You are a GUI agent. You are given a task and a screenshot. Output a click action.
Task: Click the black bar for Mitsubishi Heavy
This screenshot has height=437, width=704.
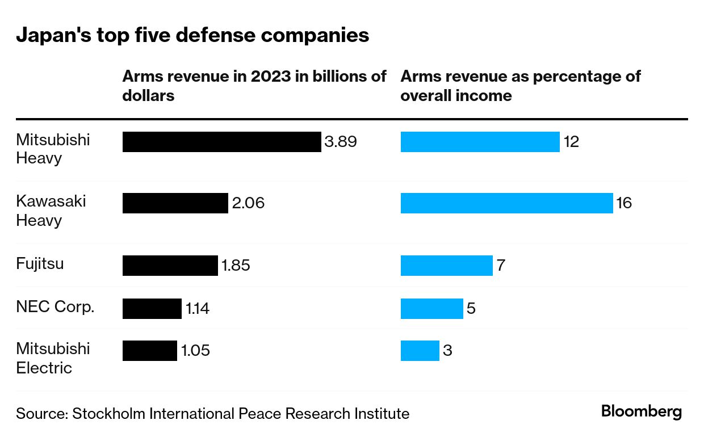(221, 142)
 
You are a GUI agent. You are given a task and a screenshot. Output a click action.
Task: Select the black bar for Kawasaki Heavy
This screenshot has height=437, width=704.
(175, 203)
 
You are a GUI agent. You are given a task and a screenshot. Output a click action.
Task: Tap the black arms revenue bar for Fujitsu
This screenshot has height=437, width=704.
(170, 266)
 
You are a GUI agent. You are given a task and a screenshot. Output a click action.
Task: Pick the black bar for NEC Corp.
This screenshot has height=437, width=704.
(152, 309)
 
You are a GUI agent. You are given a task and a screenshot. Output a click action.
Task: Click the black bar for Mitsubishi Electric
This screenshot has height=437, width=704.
(149, 351)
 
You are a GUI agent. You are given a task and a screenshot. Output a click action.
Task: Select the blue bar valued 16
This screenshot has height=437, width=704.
(506, 203)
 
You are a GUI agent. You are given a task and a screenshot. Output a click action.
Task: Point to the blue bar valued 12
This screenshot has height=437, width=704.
(480, 142)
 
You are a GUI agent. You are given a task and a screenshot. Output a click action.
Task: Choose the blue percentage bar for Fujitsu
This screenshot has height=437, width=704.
(446, 266)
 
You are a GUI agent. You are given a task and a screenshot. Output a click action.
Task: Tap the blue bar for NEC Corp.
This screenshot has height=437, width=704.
(431, 309)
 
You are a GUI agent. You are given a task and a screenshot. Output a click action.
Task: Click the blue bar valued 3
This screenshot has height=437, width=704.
(420, 351)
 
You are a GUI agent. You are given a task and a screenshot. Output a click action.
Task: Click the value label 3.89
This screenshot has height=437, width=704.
(341, 142)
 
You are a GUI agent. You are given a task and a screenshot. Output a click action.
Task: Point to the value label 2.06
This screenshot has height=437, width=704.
(248, 203)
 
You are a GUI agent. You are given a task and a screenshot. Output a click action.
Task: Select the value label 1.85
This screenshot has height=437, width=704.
(236, 266)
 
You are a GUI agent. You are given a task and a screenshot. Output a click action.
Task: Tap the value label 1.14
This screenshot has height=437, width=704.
(198, 309)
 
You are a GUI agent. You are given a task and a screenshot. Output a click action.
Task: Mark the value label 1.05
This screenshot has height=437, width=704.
(195, 351)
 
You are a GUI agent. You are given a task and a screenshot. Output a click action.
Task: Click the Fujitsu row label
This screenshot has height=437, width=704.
(40, 264)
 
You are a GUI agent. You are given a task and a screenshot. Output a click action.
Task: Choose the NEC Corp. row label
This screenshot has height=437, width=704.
(55, 307)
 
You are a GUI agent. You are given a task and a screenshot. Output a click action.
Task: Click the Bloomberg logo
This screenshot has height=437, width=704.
(642, 411)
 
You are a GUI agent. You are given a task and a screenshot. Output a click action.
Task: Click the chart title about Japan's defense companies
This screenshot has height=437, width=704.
(192, 35)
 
